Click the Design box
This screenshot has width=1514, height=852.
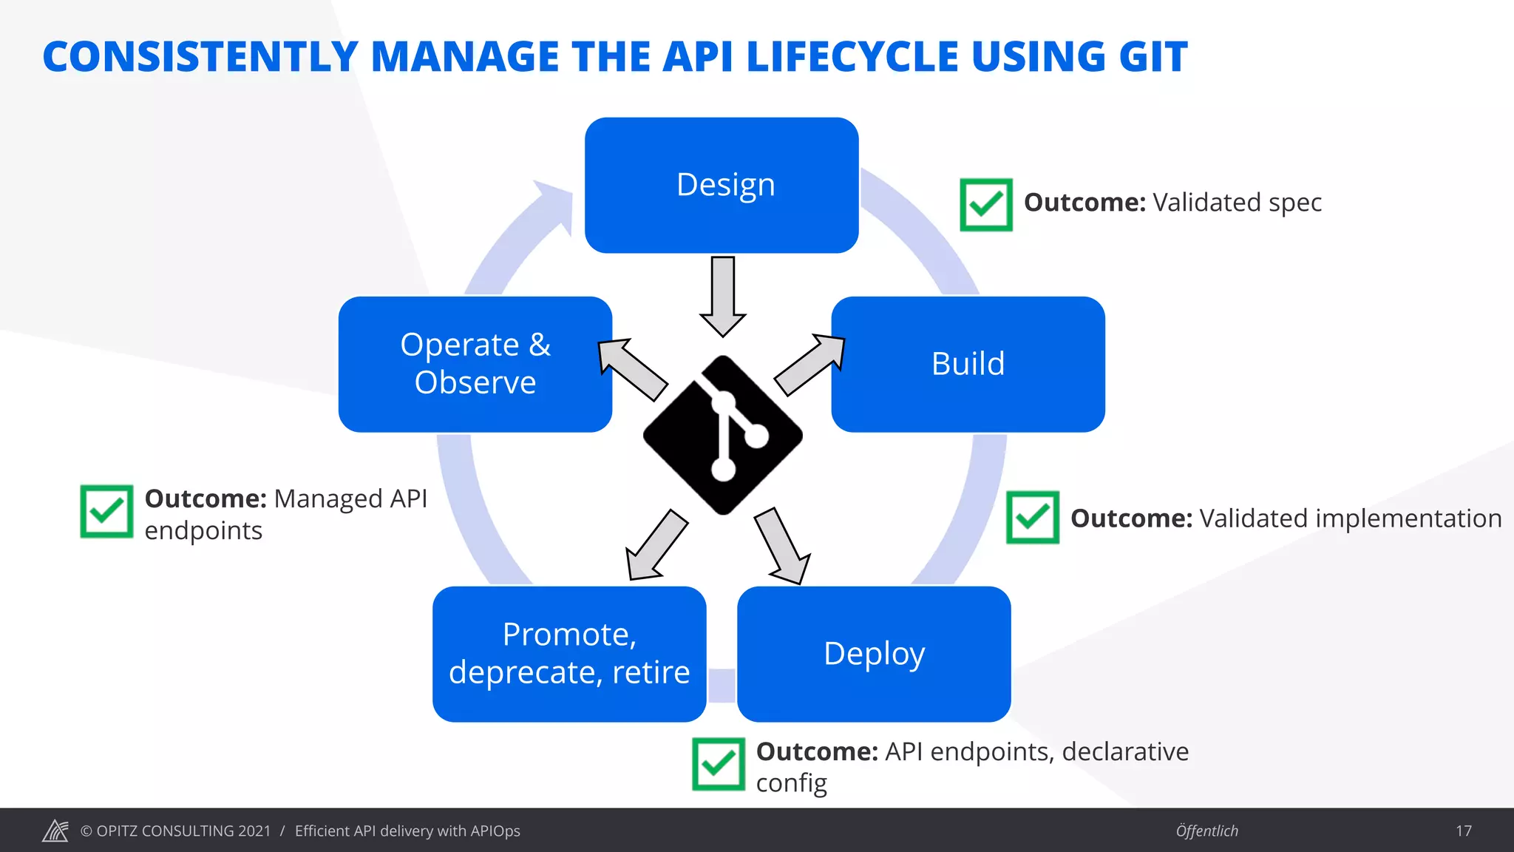pyautogui.click(x=722, y=185)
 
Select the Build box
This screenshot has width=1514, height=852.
pyautogui.click(x=968, y=364)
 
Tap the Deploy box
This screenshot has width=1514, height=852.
pyautogui.click(x=874, y=654)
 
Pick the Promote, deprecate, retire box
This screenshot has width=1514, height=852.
pyautogui.click(x=569, y=654)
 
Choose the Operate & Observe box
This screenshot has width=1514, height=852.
pyautogui.click(x=475, y=364)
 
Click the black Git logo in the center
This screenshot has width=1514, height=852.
pyautogui.click(x=723, y=435)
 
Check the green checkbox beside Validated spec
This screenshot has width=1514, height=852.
pyautogui.click(x=986, y=204)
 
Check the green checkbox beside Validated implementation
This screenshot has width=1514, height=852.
pyautogui.click(x=1033, y=517)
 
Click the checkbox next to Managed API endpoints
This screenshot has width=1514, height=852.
pyautogui.click(x=106, y=511)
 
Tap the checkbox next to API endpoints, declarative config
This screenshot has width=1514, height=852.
pyautogui.click(x=719, y=764)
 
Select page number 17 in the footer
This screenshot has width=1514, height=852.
pyautogui.click(x=1464, y=831)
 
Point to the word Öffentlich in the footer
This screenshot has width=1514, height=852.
pyautogui.click(x=1206, y=831)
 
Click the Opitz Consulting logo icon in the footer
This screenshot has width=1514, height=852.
pyautogui.click(x=55, y=831)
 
